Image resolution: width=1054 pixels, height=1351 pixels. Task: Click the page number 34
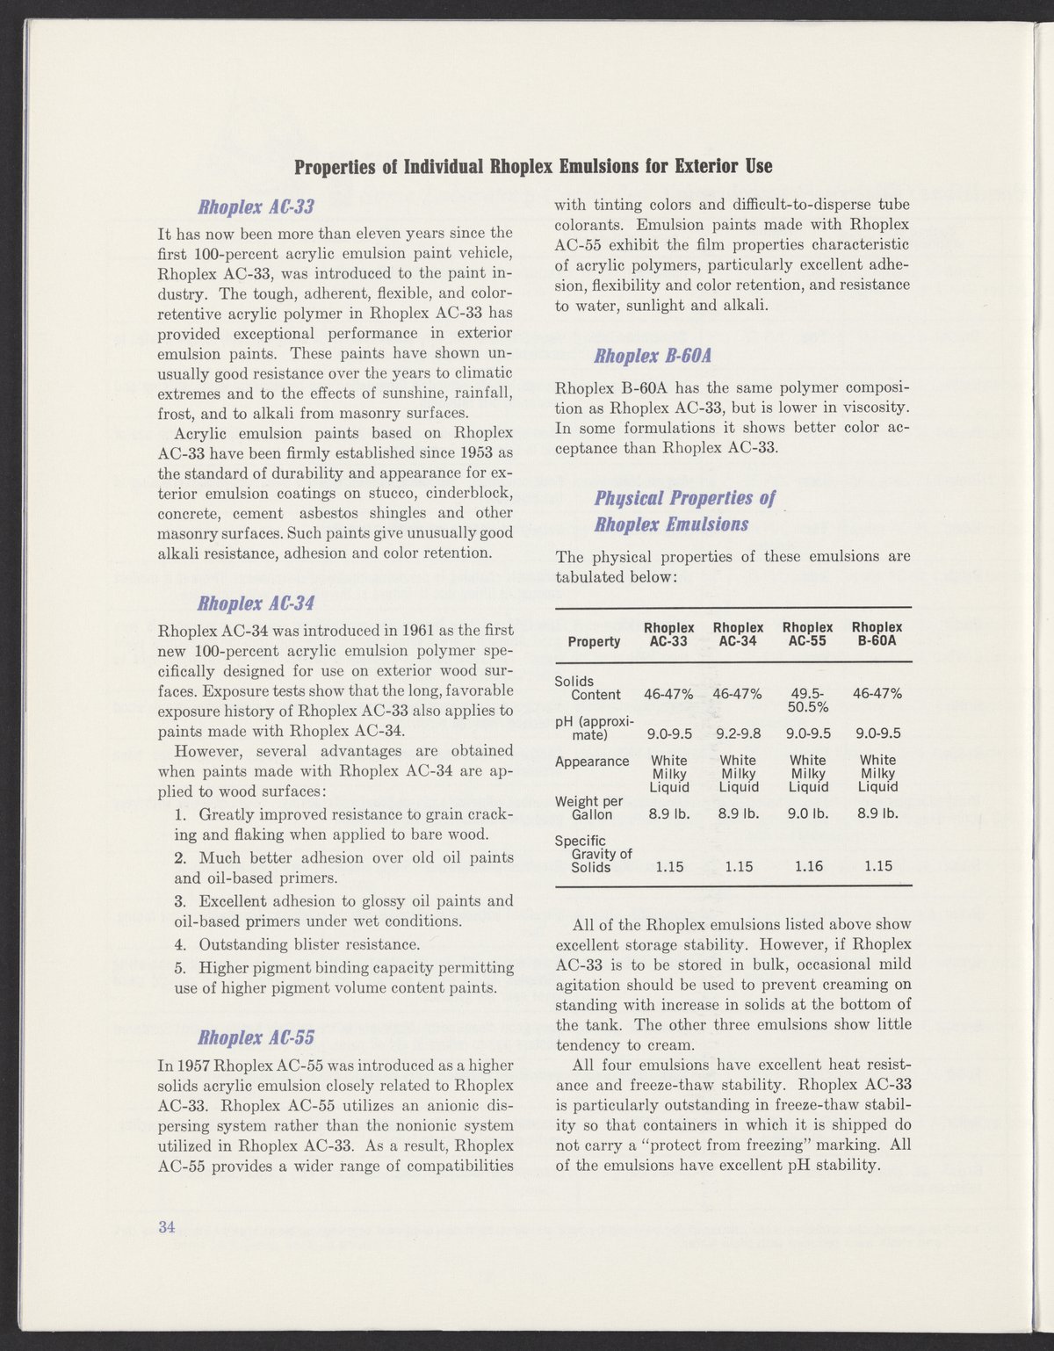coord(167,1227)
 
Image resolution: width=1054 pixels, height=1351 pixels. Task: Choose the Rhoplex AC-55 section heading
coord(256,1037)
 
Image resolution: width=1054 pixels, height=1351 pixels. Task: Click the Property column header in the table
coord(594,641)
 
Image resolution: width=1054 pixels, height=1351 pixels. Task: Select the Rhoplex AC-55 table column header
coord(807,634)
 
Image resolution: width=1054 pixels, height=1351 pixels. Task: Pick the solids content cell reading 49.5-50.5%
coord(807,700)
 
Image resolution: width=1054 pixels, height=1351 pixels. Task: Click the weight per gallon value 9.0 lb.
coord(807,814)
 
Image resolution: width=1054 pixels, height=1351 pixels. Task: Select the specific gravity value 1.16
coord(807,866)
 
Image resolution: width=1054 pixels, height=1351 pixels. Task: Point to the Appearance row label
coord(592,761)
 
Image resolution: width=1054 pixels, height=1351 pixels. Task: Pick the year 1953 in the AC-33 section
coord(474,453)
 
